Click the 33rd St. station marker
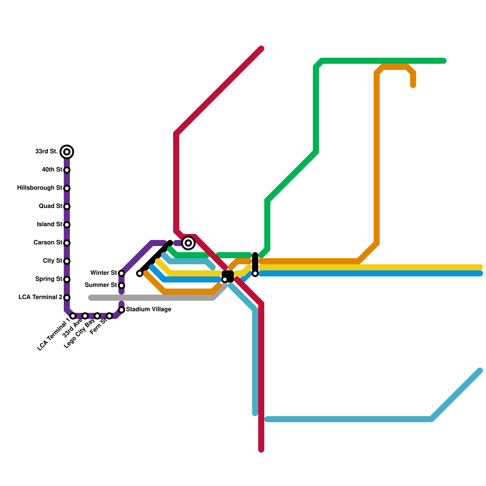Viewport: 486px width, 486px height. [67, 152]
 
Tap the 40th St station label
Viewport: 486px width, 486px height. [52, 169]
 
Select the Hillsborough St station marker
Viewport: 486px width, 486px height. [67, 188]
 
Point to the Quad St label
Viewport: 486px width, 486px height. [50, 206]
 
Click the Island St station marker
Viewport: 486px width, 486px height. [67, 225]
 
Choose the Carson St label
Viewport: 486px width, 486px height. [48, 242]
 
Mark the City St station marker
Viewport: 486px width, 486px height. [67, 261]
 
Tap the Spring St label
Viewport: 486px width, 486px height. [49, 279]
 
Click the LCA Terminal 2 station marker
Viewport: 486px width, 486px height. [67, 298]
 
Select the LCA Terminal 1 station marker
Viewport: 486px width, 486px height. [73, 316]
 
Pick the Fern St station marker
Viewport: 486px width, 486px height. [109, 316]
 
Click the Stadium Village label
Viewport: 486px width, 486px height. [149, 309]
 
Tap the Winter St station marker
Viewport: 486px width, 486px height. [122, 273]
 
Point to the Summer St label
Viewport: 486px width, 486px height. [101, 285]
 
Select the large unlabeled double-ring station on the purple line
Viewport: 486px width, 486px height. [188, 243]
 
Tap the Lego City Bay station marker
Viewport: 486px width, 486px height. [97, 316]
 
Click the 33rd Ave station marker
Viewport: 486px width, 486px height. [85, 316]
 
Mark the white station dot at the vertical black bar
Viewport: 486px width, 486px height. [255, 274]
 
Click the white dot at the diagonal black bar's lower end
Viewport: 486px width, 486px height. [140, 273]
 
